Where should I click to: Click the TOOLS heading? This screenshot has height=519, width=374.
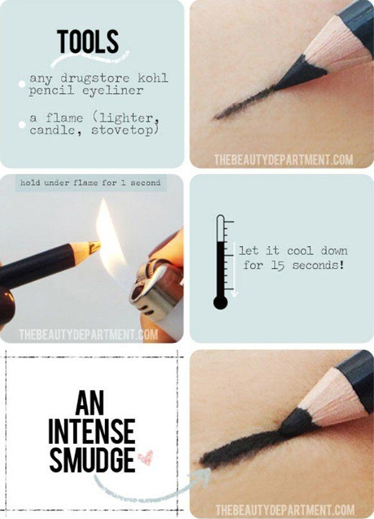click(87, 41)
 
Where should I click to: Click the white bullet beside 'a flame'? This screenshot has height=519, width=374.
click(22, 124)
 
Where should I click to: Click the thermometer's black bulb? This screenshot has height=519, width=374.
click(220, 302)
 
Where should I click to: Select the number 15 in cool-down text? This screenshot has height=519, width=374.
click(278, 265)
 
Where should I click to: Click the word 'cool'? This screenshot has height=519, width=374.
click(300, 251)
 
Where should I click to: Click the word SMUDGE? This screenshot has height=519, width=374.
click(92, 460)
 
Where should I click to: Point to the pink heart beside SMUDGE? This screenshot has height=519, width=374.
click(145, 457)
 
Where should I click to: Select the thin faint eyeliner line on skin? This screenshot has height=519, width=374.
click(246, 102)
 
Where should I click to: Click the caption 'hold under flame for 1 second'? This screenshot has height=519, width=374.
click(91, 183)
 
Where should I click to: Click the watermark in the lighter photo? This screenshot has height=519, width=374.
click(88, 335)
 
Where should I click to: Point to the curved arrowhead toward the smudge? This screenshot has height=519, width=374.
click(203, 474)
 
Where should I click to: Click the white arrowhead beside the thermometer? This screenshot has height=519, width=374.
click(234, 293)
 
